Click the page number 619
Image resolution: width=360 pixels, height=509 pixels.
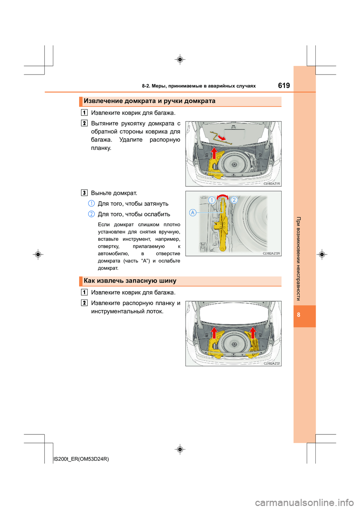(284, 85)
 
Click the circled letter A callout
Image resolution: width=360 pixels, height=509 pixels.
(193, 213)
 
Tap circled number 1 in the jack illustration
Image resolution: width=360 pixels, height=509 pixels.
(212, 200)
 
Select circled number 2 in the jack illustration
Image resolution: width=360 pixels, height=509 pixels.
(234, 200)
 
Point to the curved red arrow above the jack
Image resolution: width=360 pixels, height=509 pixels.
(223, 196)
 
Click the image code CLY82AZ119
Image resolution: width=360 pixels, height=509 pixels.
(271, 184)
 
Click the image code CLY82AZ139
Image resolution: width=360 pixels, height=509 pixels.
(271, 253)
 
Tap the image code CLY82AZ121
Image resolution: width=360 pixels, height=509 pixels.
(271, 363)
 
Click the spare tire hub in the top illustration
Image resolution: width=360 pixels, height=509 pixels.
(234, 165)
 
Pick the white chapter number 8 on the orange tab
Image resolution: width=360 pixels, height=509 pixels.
(298, 315)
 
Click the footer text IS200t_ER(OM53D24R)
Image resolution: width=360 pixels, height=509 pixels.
(81, 459)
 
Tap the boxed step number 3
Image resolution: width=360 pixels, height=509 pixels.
(84, 193)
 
